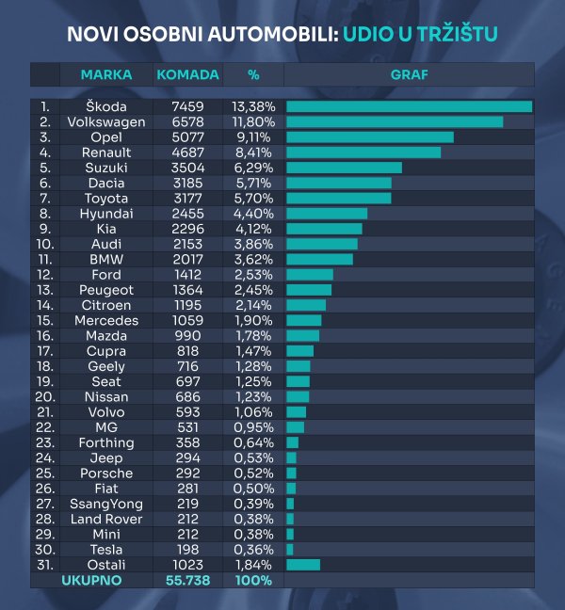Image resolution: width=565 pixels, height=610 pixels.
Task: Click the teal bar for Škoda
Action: [409, 106]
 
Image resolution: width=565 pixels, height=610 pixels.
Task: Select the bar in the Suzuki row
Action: [344, 168]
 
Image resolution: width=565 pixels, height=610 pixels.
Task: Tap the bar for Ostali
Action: [303, 565]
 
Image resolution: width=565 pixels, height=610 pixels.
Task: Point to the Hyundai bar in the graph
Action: [327, 214]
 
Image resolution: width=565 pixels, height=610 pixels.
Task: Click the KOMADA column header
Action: [187, 74]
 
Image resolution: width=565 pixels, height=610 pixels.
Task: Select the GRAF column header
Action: [408, 74]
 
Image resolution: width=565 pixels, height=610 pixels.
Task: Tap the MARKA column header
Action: [106, 74]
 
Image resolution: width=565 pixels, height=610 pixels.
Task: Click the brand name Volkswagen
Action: [106, 121]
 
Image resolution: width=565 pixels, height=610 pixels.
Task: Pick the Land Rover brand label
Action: [106, 519]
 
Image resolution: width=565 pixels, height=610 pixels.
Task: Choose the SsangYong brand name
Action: [106, 504]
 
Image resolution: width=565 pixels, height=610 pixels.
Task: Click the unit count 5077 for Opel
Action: [186, 136]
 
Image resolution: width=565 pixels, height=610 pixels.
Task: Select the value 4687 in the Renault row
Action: [186, 152]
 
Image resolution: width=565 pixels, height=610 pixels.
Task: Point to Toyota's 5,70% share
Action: [253, 198]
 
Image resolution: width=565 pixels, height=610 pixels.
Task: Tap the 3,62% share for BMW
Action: [253, 259]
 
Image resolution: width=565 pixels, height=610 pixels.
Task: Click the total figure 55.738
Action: [186, 581]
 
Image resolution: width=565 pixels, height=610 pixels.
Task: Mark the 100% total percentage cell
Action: [253, 581]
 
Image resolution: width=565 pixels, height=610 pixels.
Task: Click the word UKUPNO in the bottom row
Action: [91, 581]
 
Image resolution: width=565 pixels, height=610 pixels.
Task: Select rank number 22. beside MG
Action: [45, 427]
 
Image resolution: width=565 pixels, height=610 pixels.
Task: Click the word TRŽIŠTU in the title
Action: [456, 36]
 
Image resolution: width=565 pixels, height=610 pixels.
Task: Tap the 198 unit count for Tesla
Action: [186, 550]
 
